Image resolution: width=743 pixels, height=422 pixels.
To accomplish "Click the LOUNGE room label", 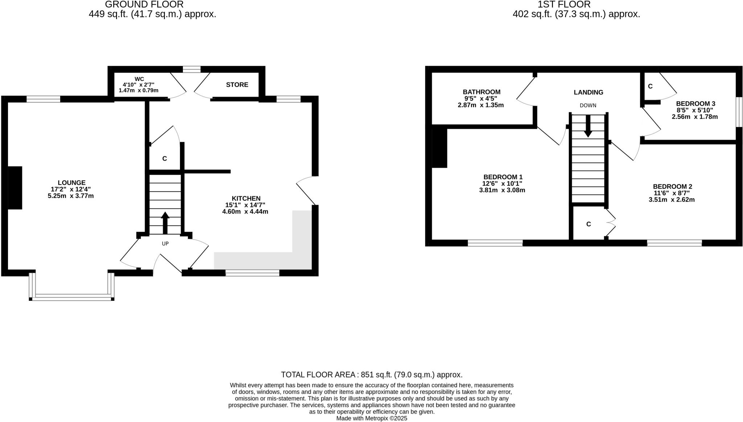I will [71, 183].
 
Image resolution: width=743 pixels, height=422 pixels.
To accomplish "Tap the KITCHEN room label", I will [246, 198].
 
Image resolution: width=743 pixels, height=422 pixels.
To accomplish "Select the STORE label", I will [237, 85].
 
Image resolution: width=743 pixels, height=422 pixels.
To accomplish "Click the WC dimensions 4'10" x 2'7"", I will [139, 85].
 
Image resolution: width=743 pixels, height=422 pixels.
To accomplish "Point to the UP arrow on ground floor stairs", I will [165, 222].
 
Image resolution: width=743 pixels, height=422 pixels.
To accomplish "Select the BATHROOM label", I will [481, 92].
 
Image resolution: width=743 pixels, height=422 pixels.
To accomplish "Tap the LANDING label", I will [588, 92].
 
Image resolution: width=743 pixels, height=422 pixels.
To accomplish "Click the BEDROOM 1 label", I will [502, 177].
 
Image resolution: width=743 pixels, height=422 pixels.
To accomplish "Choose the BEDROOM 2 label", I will [672, 187].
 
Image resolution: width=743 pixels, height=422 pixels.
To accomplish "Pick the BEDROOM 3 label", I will [695, 103].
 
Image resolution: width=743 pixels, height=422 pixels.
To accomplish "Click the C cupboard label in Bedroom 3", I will [650, 86].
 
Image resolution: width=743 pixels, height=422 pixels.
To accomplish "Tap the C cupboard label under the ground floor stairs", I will [164, 159].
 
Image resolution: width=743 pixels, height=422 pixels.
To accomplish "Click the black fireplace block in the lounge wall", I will [15, 188].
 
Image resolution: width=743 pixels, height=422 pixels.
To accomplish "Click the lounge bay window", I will [71, 297].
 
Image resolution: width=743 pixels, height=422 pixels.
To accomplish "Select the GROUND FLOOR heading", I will [144, 4].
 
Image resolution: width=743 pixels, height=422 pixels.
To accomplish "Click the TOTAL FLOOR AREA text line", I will [371, 374].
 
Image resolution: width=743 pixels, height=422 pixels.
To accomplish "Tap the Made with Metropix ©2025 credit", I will [371, 418].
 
